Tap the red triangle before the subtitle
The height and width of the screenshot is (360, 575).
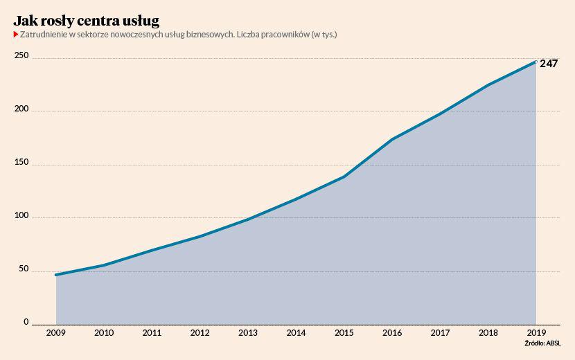point(16,34)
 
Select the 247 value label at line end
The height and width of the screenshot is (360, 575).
point(549,64)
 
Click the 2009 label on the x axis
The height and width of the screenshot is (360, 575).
point(56,333)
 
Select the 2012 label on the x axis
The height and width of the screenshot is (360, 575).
point(200,333)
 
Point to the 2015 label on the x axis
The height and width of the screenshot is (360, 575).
point(344,333)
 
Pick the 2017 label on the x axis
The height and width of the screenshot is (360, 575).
point(440,333)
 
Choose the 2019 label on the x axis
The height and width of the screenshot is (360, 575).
point(536,333)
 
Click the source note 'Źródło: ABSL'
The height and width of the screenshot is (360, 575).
point(543,343)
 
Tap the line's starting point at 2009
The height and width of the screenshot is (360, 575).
point(56,275)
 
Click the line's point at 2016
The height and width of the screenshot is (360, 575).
point(392,139)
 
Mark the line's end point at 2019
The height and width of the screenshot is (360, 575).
point(536,62)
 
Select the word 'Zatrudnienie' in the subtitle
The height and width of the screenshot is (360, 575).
point(44,34)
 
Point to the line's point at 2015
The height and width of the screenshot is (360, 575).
point(344,177)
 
